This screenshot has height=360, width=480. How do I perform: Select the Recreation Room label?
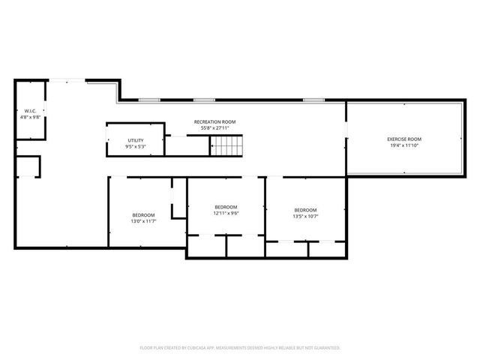click(x=214, y=121)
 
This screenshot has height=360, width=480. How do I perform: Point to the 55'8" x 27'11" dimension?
click(x=214, y=128)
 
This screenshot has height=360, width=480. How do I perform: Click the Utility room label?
click(x=135, y=140)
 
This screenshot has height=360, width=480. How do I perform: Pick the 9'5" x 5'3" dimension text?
click(x=135, y=146)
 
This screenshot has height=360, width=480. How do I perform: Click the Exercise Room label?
click(x=404, y=139)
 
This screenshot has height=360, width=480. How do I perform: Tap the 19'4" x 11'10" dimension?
click(x=404, y=145)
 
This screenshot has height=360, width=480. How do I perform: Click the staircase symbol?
click(x=227, y=145)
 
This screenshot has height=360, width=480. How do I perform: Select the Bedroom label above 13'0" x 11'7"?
click(x=144, y=215)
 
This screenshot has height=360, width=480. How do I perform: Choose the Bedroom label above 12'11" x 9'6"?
click(x=226, y=207)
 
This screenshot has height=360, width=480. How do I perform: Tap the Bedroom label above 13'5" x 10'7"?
click(x=305, y=210)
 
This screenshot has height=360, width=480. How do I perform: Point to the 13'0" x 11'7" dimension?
click(x=144, y=221)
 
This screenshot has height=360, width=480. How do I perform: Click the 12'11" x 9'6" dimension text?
click(x=226, y=213)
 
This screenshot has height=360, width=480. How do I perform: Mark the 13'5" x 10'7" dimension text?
click(x=305, y=216)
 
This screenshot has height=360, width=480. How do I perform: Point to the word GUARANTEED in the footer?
click(x=322, y=348)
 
